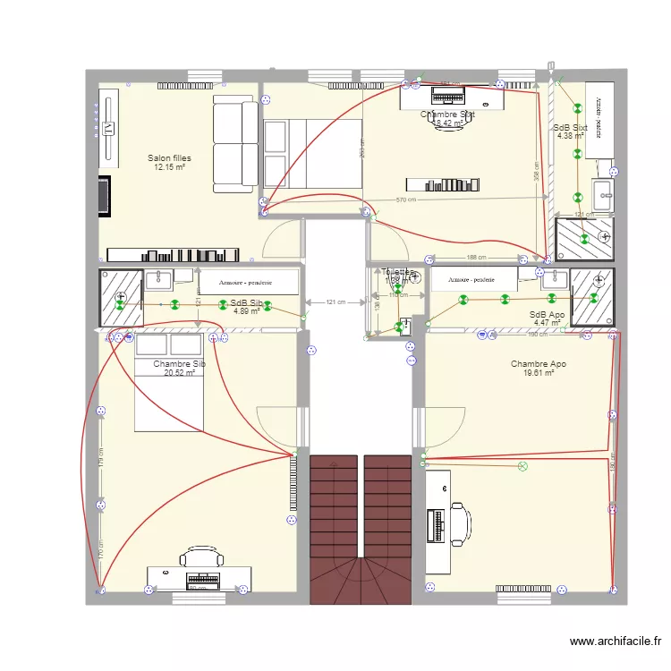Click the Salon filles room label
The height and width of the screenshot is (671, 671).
pos(169,158)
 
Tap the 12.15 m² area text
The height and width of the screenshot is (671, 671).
pos(169,167)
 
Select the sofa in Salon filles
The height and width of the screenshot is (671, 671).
pos(234,145)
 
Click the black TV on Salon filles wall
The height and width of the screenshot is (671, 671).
pos(105,196)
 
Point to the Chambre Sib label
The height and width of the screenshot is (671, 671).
pos(179,364)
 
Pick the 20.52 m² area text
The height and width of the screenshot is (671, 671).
pos(179,373)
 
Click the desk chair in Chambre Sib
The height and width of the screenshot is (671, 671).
pos(197,558)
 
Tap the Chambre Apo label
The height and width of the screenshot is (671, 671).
pos(538,364)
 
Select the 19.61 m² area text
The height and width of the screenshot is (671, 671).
pos(538,373)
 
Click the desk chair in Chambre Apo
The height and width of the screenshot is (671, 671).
pos(460,523)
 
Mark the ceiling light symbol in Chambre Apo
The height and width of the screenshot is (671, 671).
pos(523,466)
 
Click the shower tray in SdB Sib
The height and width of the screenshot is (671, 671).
pos(121,296)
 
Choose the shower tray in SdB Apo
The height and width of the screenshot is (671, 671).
pos(592,296)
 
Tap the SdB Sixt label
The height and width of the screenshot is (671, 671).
pos(571,128)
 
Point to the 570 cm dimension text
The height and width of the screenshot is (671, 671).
pos(406,200)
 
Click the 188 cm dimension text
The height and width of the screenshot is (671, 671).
pos(476,258)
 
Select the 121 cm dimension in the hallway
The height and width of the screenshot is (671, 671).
pos(336,302)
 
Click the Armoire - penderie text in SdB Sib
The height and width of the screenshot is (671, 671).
pos(248,283)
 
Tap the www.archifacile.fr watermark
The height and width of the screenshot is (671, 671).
pos(617,641)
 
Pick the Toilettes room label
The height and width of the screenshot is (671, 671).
pos(398,272)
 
